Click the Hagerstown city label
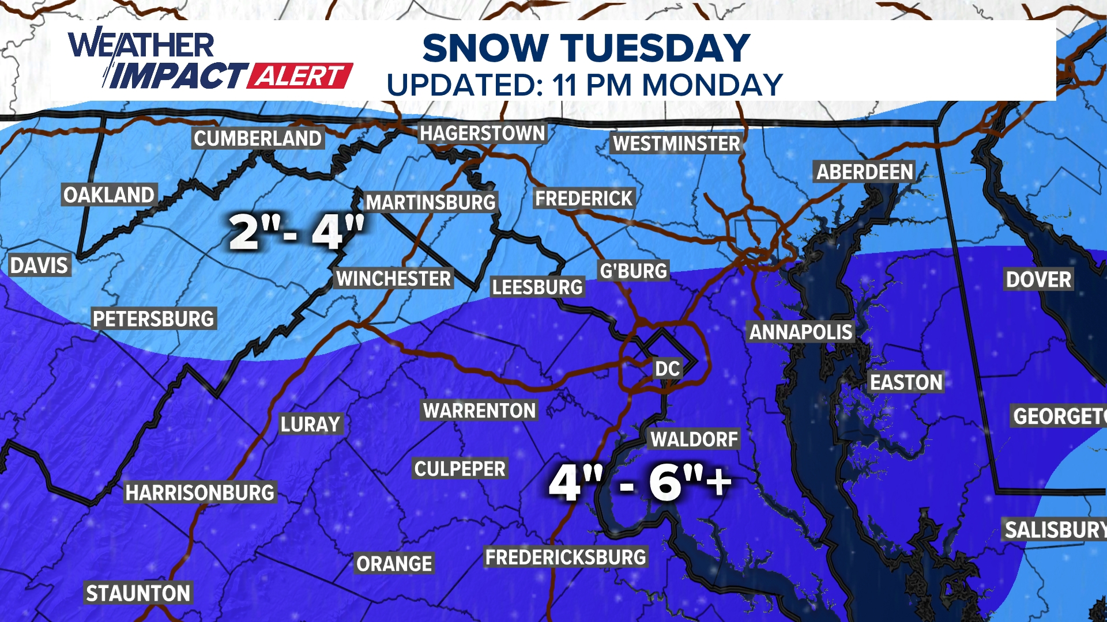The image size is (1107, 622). [x=482, y=134]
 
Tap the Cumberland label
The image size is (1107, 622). [x=258, y=139]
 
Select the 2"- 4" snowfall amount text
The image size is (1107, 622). [x=296, y=232]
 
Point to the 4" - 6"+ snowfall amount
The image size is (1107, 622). [x=640, y=482]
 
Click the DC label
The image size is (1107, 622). [x=667, y=369]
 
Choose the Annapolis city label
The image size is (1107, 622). [x=800, y=332]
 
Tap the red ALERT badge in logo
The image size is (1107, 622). [x=300, y=76]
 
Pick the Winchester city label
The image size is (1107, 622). [x=394, y=279]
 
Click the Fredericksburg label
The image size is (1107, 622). [x=566, y=557]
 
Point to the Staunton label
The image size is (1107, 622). [x=138, y=593]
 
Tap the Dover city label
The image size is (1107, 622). [x=1038, y=279]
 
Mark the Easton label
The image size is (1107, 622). [x=906, y=382]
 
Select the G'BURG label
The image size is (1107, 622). [x=633, y=271]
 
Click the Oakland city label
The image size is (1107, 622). [x=109, y=195]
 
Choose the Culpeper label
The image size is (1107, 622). [x=460, y=469]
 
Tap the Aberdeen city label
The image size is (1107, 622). [x=864, y=172]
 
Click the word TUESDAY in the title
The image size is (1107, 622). [x=655, y=48]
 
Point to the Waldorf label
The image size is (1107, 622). [x=694, y=439]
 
